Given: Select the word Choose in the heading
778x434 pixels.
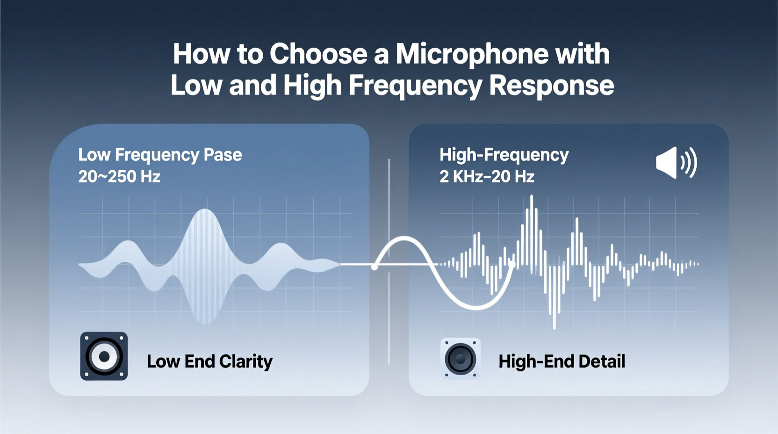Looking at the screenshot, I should click(318, 54).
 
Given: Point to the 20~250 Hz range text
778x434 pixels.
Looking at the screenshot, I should click(119, 177).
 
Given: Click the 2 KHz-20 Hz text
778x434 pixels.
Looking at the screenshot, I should click(487, 177).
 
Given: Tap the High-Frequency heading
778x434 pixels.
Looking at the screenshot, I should click(504, 155).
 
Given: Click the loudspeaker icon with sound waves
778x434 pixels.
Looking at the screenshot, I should click(676, 163).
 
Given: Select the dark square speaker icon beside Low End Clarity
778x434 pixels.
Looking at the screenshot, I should click(104, 356).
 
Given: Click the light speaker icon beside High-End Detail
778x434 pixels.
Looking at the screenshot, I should click(461, 359).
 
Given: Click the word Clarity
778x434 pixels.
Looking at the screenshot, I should click(245, 362).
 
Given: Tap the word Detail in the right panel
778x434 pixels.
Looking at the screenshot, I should click(602, 362).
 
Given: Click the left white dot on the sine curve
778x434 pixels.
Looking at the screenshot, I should click(374, 267).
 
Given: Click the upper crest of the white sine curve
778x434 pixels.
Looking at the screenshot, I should click(404, 239).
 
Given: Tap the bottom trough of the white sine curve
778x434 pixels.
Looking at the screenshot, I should click(476, 308).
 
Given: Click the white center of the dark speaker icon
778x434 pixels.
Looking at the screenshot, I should click(104, 356).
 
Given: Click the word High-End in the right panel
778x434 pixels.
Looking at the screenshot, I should click(536, 362).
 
